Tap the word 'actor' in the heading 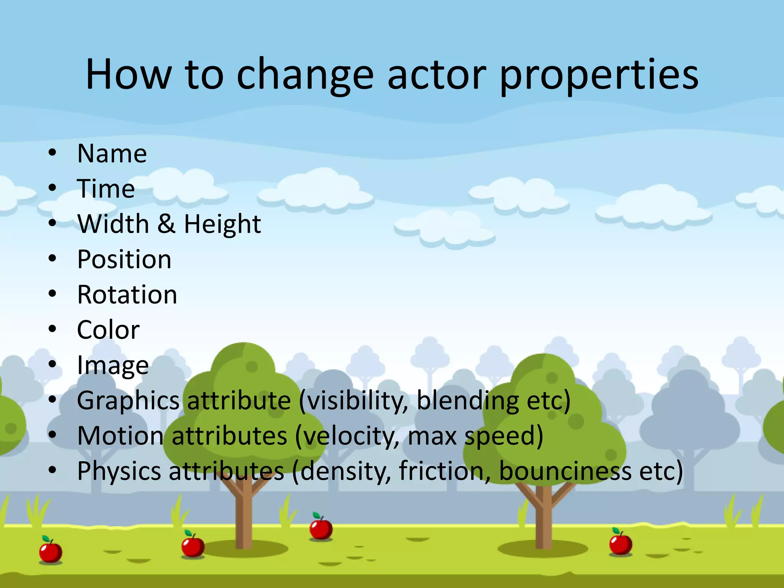437,75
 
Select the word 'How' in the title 129,75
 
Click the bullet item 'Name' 112,154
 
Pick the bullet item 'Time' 106,189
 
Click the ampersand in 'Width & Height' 166,224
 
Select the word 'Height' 222,224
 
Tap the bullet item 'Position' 124,260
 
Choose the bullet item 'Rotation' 127,295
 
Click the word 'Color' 108,330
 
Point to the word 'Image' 113,366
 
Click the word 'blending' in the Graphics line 467,401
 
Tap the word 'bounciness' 565,471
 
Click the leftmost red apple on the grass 51,551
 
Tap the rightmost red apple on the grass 621,544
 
